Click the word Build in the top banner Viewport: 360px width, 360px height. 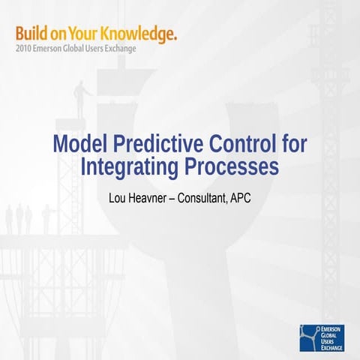coord(31,33)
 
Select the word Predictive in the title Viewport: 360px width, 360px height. coord(153,143)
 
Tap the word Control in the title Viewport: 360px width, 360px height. coord(238,143)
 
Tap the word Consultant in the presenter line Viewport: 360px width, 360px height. coord(207,199)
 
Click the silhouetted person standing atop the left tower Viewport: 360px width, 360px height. coord(79,96)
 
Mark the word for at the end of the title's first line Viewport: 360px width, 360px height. coord(284,143)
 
